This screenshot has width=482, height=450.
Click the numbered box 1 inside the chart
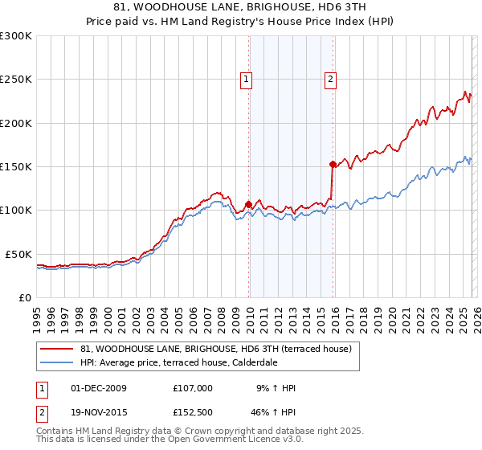coord(245,79)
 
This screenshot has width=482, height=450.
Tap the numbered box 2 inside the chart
coord(330,79)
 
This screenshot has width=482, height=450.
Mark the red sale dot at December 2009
coord(248,204)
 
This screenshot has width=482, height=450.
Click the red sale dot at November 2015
coord(333,164)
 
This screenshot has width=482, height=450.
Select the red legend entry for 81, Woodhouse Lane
coord(215,349)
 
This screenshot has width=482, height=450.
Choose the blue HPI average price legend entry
coord(178,362)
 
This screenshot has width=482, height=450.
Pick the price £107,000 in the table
coord(193,388)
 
